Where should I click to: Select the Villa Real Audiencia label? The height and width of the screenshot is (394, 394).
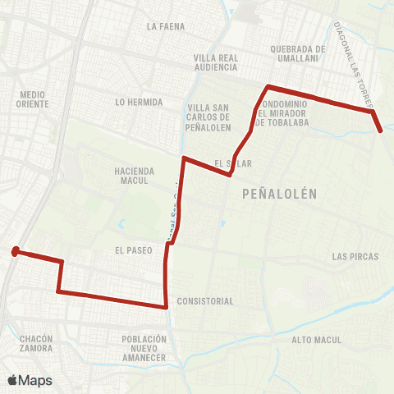point(216,63)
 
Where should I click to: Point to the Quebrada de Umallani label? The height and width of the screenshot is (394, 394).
point(297,53)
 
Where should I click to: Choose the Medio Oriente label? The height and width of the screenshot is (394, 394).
point(33,99)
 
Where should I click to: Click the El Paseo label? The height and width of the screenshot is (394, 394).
point(135,250)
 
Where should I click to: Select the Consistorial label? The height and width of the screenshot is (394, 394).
point(205,301)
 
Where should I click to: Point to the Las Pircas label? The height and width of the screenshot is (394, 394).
point(355,257)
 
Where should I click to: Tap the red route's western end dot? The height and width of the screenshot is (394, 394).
point(16,252)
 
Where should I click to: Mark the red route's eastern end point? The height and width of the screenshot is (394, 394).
point(380,129)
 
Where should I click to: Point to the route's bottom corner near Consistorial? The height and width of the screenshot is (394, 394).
point(167,307)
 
